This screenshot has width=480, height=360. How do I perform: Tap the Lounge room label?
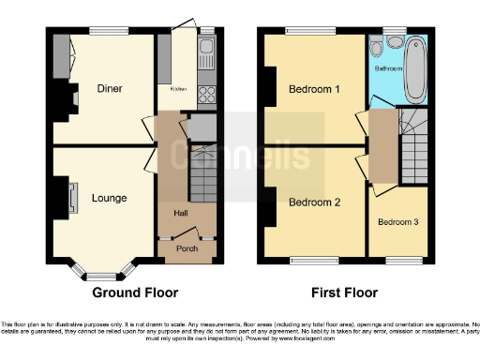point(109,198)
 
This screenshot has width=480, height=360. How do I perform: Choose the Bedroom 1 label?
point(313,90)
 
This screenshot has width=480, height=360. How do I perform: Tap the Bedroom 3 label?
point(397,222)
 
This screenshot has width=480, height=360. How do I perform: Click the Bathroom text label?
point(389,68)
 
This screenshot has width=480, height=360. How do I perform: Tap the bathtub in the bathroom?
point(414,69)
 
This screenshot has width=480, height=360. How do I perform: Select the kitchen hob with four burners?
point(206,94)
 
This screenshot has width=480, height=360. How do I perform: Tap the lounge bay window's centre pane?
point(97,276)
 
